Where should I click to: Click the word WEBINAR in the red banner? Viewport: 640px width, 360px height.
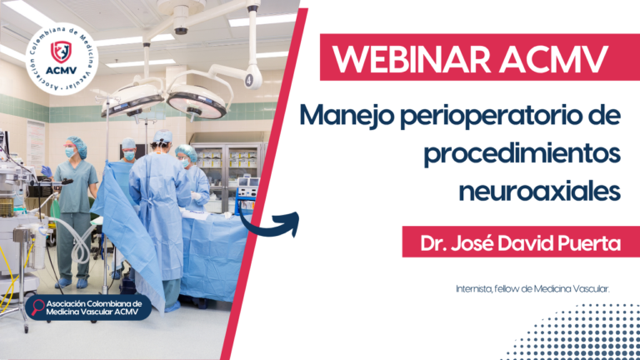click(x=412, y=59)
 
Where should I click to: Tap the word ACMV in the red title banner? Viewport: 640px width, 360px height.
click(x=554, y=59)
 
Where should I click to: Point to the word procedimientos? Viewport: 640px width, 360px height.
click(x=522, y=154)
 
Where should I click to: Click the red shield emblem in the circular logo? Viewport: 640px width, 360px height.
click(x=61, y=52)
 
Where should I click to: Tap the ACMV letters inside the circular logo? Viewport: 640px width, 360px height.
click(x=61, y=71)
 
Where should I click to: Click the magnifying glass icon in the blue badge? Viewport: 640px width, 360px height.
click(x=37, y=307)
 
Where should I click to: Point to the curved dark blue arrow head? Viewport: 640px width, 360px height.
click(x=291, y=222)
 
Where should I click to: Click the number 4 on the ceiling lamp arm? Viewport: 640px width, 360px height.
click(x=248, y=80)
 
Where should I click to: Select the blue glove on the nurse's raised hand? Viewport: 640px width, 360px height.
click(x=46, y=172)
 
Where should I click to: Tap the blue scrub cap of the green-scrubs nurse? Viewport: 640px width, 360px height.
click(x=77, y=146)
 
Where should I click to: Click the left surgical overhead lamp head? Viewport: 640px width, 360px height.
click(x=132, y=100)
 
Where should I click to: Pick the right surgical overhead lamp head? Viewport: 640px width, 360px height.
click(x=197, y=102)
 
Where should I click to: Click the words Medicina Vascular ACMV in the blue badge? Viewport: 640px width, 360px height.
click(x=92, y=312)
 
